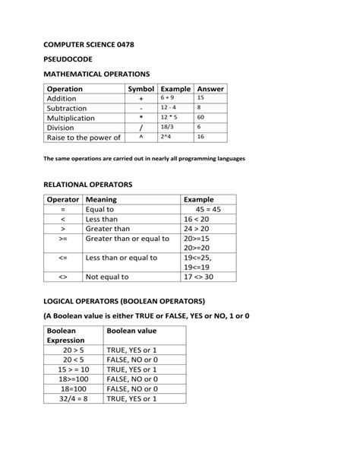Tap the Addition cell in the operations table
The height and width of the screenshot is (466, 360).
point(62,99)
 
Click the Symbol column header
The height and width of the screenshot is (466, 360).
point(141,89)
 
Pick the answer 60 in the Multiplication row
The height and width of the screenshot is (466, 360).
point(201,118)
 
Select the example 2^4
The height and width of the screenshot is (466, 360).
point(166,138)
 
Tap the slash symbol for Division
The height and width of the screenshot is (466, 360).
point(141,128)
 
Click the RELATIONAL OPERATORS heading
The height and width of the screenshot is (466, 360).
point(88,185)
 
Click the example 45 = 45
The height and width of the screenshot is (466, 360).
point(207,209)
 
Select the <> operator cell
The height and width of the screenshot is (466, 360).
point(63,277)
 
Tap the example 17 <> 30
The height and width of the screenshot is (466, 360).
point(199,277)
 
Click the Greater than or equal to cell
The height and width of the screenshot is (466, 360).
point(122,238)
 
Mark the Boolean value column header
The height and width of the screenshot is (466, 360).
point(131,331)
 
